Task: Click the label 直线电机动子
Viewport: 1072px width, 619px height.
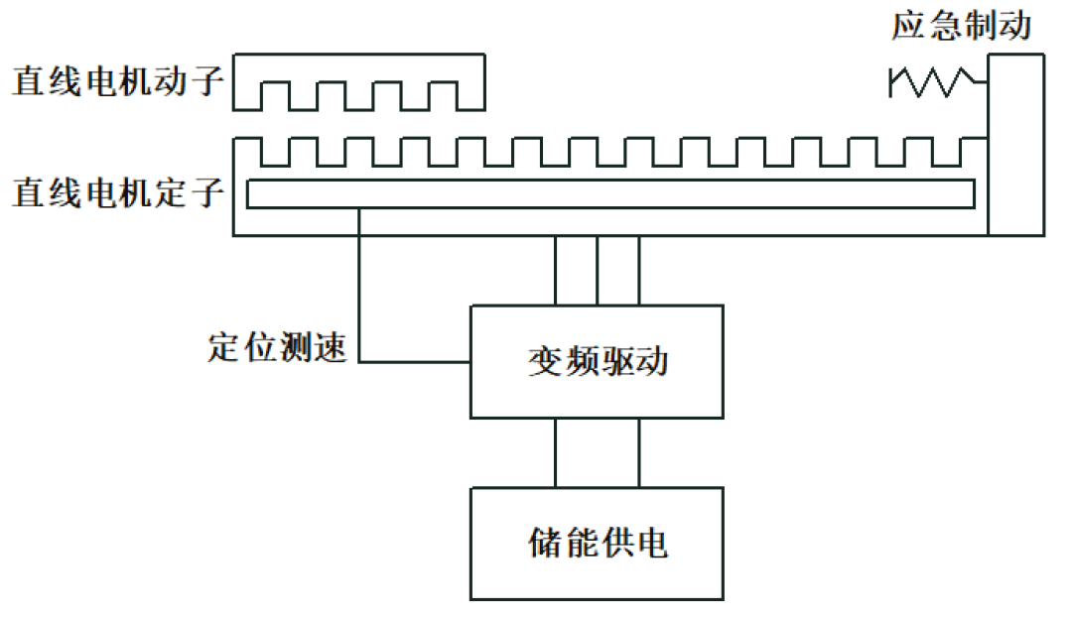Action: coord(117,82)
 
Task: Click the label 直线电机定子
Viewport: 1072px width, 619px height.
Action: coord(117,192)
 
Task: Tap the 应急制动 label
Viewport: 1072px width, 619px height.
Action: coord(961,26)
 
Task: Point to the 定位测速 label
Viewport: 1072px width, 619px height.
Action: coord(277,348)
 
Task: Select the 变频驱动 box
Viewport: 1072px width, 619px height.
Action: coord(597,362)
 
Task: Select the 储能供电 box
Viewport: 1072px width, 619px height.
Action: coord(597,543)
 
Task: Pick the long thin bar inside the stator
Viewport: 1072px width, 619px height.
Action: coord(609,194)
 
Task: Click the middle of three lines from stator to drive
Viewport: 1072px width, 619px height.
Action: coord(597,270)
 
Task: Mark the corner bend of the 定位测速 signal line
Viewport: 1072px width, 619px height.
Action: coord(359,362)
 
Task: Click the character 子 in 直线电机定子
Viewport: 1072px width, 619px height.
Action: coord(206,192)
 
